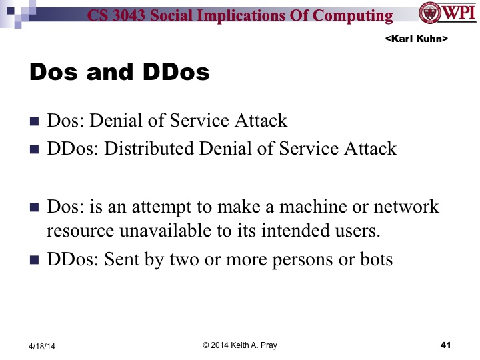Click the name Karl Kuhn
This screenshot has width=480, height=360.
[x=416, y=40]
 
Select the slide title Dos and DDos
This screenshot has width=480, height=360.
[x=119, y=72]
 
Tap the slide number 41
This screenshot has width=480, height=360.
[x=447, y=345]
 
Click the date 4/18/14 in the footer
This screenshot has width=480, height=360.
[x=42, y=345]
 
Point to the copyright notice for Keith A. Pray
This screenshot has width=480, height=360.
[x=240, y=344]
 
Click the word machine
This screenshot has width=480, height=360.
[x=298, y=206]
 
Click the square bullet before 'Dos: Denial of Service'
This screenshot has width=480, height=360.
[x=35, y=122]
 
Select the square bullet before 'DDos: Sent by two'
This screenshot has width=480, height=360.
[x=35, y=260]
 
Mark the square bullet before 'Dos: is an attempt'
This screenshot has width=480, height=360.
[x=35, y=207]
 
